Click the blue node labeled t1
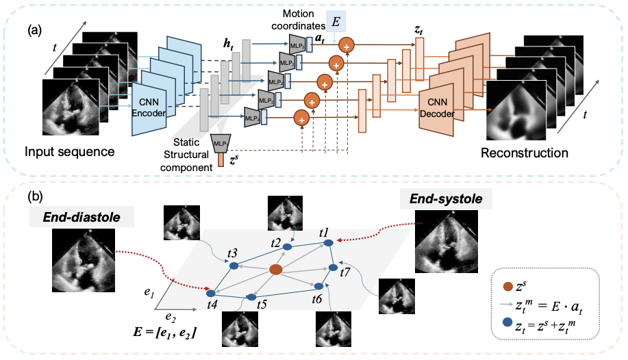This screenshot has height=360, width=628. [x=327, y=242]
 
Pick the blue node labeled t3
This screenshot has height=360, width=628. [x=233, y=265]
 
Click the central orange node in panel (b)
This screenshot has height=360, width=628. [x=276, y=270]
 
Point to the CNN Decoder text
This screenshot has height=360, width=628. [x=437, y=108]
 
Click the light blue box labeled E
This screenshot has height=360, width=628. [x=336, y=21]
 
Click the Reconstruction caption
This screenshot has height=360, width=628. [x=524, y=151]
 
